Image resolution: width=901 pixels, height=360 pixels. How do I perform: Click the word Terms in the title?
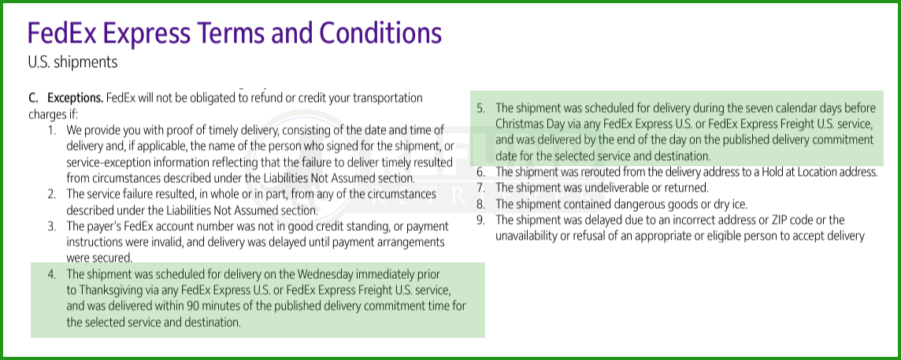pyautogui.click(x=226, y=33)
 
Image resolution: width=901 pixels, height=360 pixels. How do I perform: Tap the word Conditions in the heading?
pyautogui.click(x=381, y=33)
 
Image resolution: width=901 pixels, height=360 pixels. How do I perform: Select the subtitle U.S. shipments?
pyautogui.click(x=73, y=62)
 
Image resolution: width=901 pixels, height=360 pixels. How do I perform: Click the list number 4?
pyautogui.click(x=52, y=274)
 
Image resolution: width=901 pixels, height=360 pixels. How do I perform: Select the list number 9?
pyautogui.click(x=481, y=221)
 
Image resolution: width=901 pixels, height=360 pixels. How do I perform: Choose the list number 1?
pyautogui.click(x=52, y=130)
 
